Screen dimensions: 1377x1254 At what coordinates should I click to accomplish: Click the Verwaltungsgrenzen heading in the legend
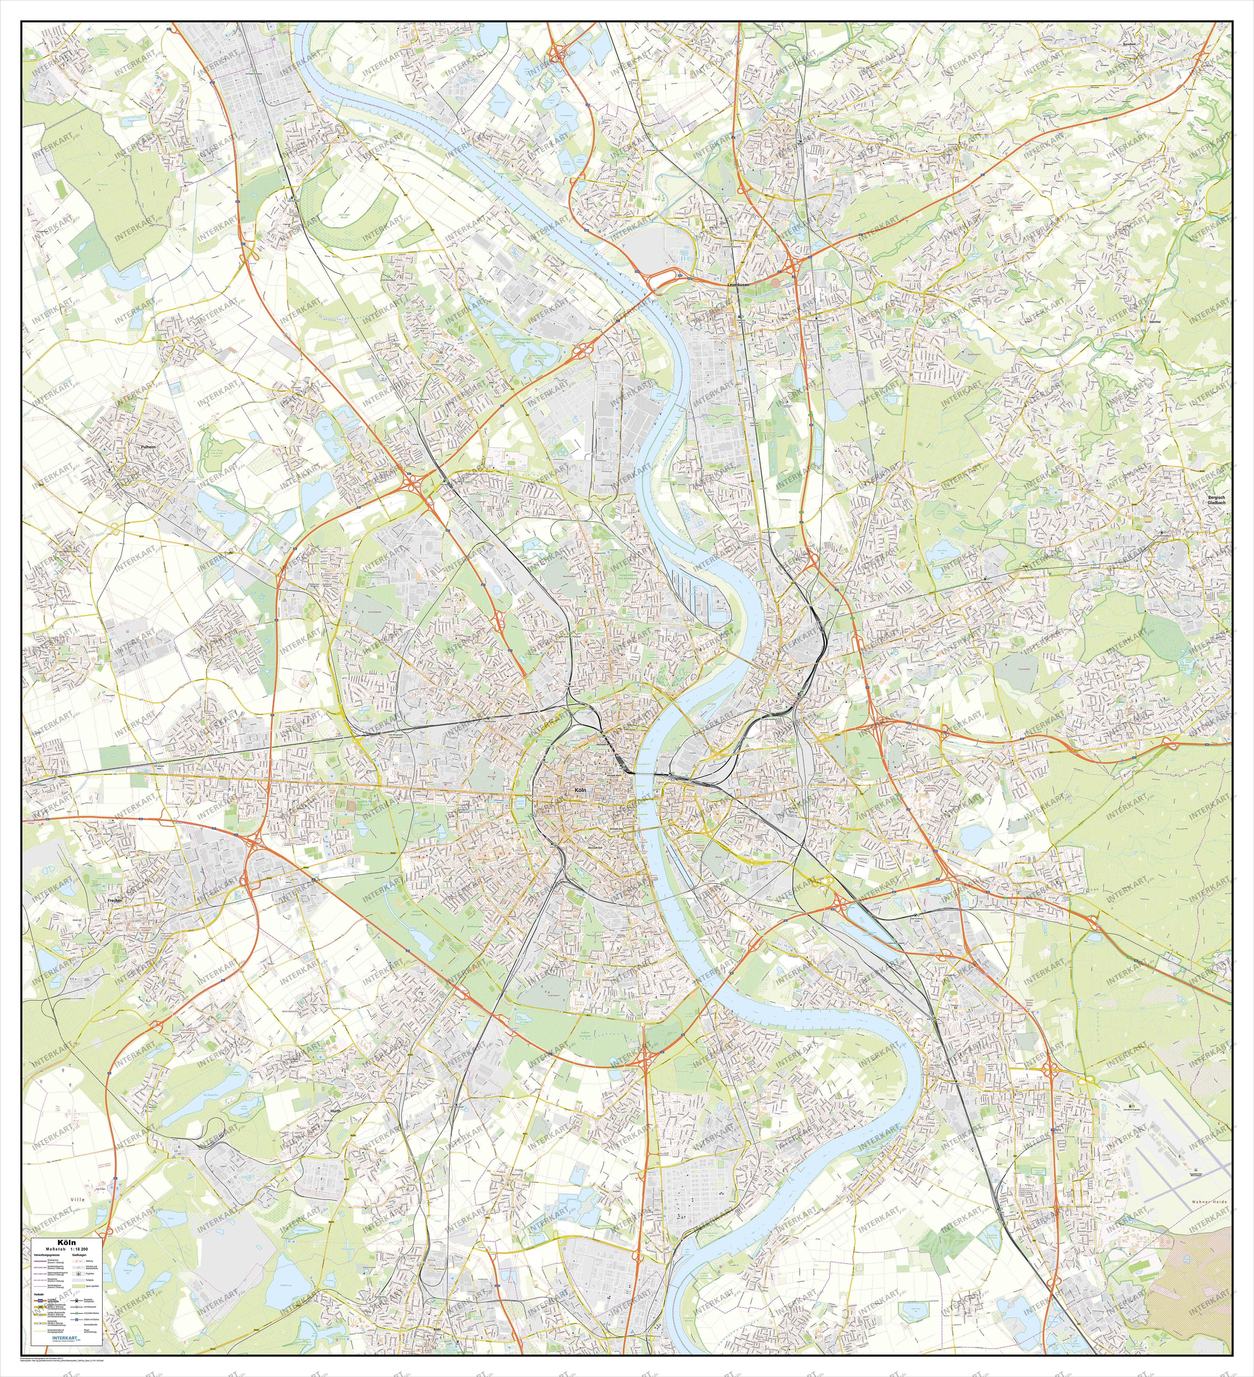[x=47, y=1256]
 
